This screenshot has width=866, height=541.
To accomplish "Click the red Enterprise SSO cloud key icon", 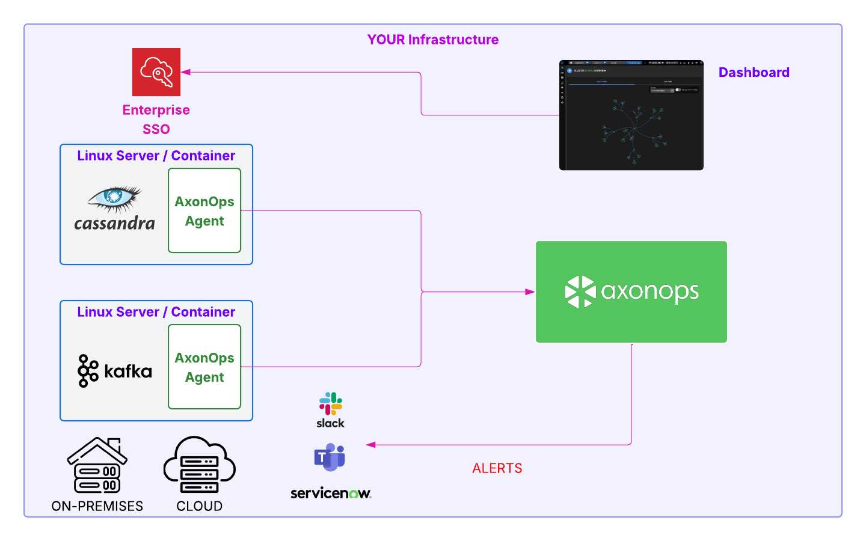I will click(x=156, y=72).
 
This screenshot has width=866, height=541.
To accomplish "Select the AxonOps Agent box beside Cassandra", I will click(x=204, y=210).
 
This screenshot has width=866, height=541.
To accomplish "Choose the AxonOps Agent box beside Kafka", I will click(x=204, y=367).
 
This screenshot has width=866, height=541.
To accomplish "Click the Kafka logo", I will click(x=115, y=371).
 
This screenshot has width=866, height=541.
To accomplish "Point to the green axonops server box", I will click(x=631, y=292).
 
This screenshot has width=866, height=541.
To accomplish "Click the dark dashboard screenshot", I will click(x=631, y=115).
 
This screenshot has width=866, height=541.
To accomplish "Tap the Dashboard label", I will click(x=754, y=73).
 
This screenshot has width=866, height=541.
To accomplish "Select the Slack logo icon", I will click(x=330, y=404).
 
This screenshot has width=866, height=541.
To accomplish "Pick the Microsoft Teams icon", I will click(x=330, y=457).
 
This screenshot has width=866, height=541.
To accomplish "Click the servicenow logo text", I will click(x=330, y=494).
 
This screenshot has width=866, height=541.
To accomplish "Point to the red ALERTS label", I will click(x=497, y=468).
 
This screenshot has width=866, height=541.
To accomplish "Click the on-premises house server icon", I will click(x=97, y=466).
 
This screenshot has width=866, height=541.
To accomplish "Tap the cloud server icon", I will click(x=199, y=466).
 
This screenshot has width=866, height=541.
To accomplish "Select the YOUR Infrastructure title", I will click(x=433, y=40).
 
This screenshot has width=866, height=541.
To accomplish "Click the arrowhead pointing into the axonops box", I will click(x=530, y=292).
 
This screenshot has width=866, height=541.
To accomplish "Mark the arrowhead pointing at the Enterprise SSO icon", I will click(x=186, y=72).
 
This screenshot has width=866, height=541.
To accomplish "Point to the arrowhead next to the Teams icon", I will click(x=371, y=445).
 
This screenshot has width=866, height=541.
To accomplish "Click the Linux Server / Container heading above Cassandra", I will click(x=156, y=156).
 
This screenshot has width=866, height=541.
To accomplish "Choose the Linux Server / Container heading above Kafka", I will click(x=156, y=312).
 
